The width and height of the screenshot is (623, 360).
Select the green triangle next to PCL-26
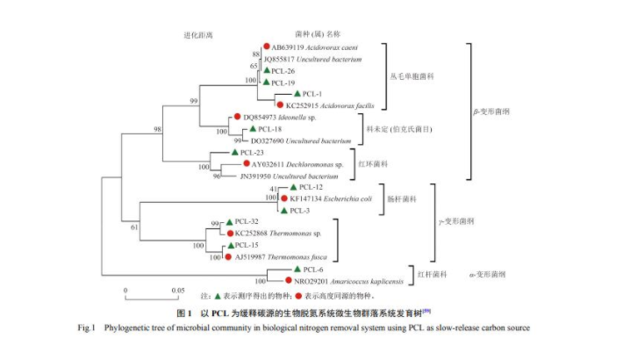tap(266, 70)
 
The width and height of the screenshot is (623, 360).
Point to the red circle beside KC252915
tap(280, 104)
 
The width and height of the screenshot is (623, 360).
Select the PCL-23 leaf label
tap(247, 152)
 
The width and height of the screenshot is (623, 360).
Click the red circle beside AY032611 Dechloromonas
tap(247, 163)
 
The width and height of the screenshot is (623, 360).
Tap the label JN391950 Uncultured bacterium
tap(286, 176)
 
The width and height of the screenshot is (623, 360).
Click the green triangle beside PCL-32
tap(228, 221)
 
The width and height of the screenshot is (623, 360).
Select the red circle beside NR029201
tap(288, 280)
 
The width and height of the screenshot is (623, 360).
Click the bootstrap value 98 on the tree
tap(159, 130)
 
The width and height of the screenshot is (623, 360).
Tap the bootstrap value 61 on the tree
tap(134, 227)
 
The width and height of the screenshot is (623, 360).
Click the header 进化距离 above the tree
tap(199, 34)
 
